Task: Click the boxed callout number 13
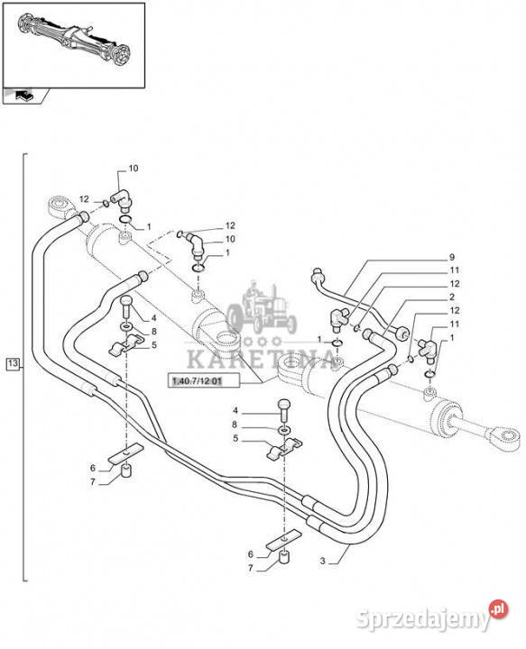tap(13, 363)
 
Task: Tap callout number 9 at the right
tap(452, 257)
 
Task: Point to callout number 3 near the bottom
tap(323, 562)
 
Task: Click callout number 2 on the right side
tap(452, 297)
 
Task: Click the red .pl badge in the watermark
tap(498, 609)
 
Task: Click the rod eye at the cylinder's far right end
tap(505, 437)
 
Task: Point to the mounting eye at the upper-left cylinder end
tap(60, 207)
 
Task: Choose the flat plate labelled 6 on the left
tap(125, 453)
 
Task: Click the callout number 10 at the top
tap(134, 168)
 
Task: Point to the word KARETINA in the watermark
tap(261, 359)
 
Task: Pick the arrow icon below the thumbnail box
tap(23, 96)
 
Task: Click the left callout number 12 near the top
tap(84, 199)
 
